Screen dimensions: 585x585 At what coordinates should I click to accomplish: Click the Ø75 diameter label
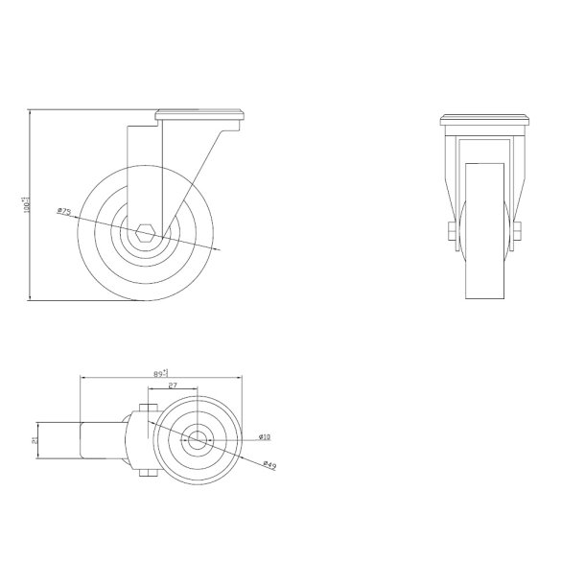(x=64, y=210)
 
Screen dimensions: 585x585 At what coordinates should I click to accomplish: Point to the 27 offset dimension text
(x=173, y=386)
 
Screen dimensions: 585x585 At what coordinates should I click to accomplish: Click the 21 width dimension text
(x=35, y=441)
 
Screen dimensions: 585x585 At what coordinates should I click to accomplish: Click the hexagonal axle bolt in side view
(x=146, y=230)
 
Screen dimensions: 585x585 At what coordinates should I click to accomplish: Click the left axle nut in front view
(x=449, y=231)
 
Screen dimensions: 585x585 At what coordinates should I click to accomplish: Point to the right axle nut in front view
(x=518, y=231)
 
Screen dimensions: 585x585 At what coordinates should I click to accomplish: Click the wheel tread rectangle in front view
(x=484, y=230)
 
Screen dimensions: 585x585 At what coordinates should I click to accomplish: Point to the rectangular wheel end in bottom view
(x=100, y=441)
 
